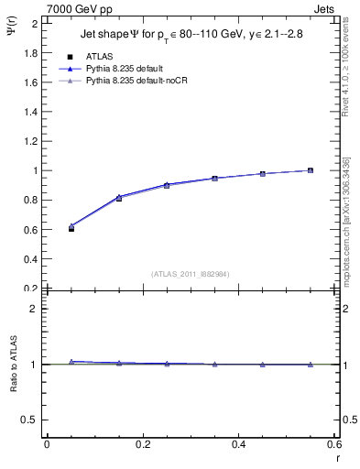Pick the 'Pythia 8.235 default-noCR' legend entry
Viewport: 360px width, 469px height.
[136, 81]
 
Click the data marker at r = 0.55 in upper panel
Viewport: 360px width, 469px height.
[311, 170]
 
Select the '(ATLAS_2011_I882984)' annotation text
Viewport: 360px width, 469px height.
[191, 273]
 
